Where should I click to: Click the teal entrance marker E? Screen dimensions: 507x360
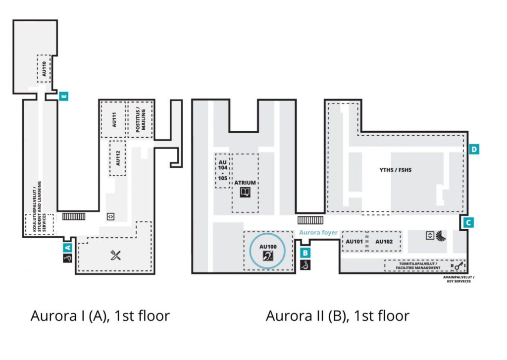coord(64,96)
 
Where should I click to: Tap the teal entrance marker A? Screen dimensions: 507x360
coord(67,248)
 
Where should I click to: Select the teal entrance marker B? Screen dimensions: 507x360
coord(305,253)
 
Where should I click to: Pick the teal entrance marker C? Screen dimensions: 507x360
coord(468,222)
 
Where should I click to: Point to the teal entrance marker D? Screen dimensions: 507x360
coord(474,149)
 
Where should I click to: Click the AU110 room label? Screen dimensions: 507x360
coord(44,68)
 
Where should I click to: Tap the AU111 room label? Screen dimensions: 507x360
coord(114,119)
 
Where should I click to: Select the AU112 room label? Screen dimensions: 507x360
coord(118,158)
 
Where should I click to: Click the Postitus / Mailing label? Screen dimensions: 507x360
coord(140,119)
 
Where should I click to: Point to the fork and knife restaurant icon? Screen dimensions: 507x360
coord(115,255)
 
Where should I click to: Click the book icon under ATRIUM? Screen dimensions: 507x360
coord(245,193)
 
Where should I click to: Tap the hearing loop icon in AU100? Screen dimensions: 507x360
coord(268,256)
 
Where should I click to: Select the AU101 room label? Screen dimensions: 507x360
coord(354,241)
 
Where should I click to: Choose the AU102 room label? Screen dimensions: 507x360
coord(384,241)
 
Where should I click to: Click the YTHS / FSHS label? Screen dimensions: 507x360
coord(396,170)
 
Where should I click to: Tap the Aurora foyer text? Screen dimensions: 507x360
coord(318,232)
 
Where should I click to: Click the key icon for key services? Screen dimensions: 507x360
coord(459,265)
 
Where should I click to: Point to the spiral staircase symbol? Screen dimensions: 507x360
coord(441,236)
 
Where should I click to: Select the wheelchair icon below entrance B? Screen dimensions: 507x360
coord(305,265)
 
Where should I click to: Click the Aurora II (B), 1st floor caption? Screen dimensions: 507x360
coord(338,316)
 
